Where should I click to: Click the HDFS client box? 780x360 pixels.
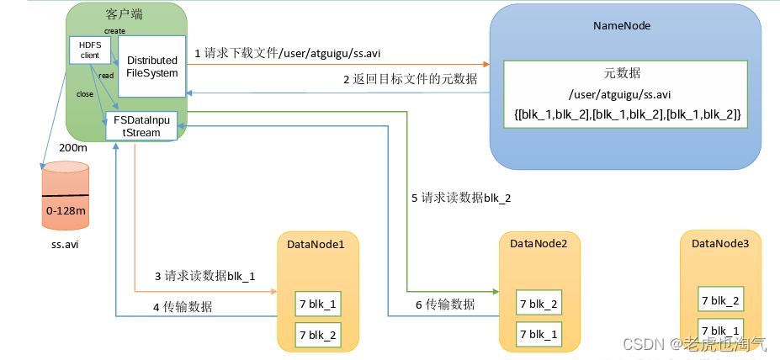click(84, 50)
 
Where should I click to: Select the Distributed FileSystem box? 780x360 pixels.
click(151, 66)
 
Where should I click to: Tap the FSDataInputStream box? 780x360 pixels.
click(141, 125)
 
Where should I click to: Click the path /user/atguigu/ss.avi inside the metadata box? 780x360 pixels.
click(622, 94)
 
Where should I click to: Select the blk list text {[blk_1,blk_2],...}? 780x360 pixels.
click(626, 114)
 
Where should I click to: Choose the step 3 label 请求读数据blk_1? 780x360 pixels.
click(204, 276)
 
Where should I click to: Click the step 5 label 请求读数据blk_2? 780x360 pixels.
click(461, 199)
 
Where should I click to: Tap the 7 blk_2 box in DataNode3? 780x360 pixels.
click(720, 300)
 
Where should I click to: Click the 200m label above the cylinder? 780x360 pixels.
click(73, 147)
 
